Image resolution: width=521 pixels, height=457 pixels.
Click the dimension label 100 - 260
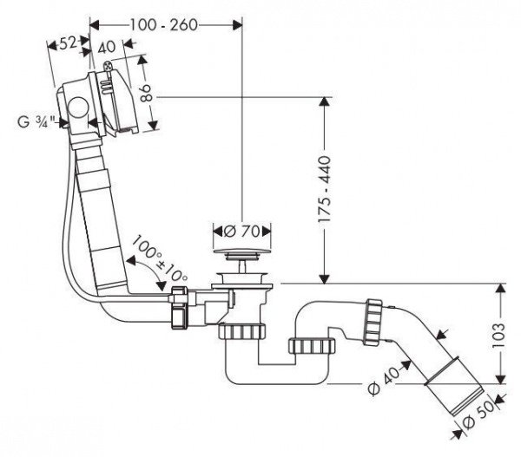[163, 25]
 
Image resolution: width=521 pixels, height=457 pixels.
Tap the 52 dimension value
[68, 43]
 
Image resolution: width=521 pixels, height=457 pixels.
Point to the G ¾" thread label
[36, 121]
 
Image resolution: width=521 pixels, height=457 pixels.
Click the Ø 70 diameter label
[241, 232]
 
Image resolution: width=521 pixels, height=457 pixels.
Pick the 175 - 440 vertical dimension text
[324, 189]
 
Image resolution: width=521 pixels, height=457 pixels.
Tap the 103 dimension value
[499, 335]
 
